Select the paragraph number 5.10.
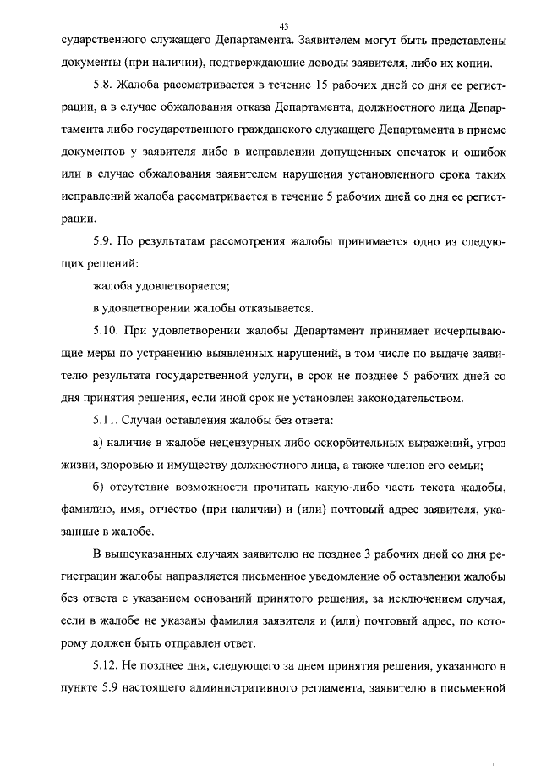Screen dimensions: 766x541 point(107,330)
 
